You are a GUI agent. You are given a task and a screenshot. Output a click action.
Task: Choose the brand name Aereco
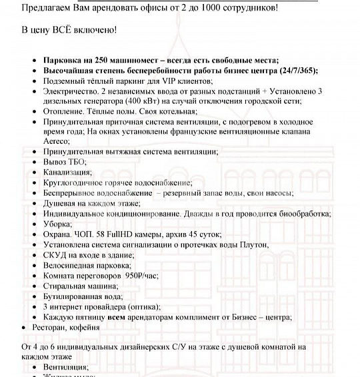57,143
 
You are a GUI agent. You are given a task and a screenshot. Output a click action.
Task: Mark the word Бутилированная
73,296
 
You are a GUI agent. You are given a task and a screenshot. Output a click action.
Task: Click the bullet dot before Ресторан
25,328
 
